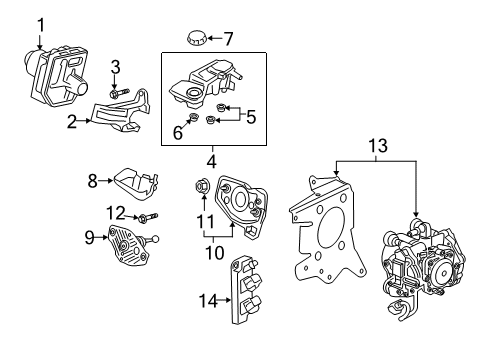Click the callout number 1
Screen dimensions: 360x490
pos(40,23)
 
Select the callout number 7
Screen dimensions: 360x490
pos(228,39)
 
